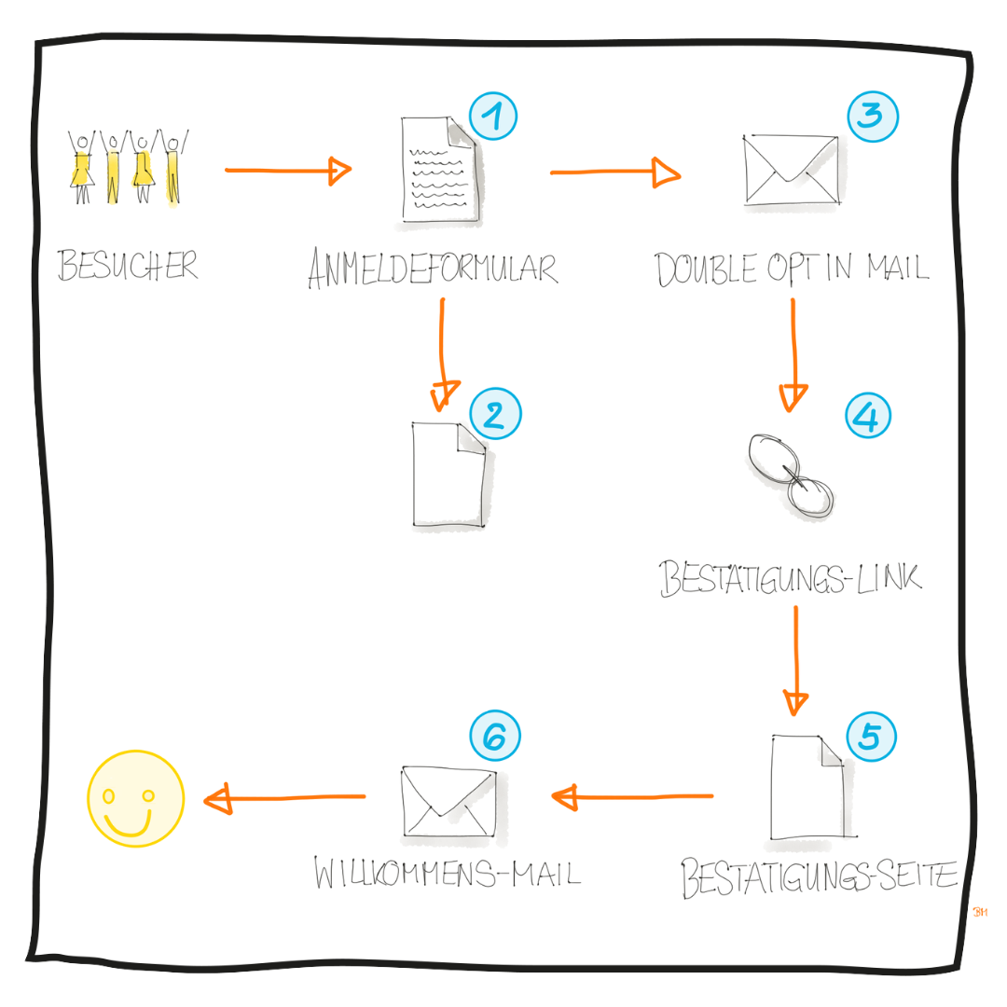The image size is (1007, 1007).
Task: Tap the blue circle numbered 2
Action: tap(495, 414)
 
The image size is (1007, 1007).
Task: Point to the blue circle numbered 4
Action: tap(868, 414)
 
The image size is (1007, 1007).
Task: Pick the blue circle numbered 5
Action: tap(870, 737)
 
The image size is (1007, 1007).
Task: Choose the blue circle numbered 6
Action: tap(495, 737)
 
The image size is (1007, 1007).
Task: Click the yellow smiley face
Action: tap(135, 799)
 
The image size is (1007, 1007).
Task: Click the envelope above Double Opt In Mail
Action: tap(791, 170)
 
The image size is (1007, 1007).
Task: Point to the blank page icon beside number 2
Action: tap(448, 476)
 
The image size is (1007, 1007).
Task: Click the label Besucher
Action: tap(128, 266)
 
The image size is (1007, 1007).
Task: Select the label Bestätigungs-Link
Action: tap(791, 578)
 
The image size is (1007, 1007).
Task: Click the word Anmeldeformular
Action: tap(433, 269)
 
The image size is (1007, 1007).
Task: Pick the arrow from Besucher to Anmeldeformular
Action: tap(287, 171)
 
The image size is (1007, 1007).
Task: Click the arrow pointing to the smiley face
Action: tap(284, 798)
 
